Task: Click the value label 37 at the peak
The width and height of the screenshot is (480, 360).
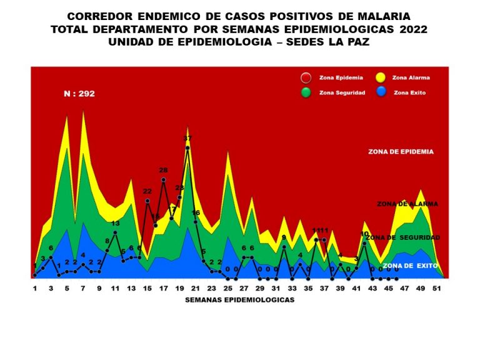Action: (x=187, y=138)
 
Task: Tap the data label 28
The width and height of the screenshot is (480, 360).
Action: (x=163, y=170)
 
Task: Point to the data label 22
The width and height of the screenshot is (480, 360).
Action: (x=147, y=191)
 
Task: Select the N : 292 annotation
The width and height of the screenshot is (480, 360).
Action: (x=79, y=94)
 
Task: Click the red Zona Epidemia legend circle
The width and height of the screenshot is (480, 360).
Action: (x=306, y=78)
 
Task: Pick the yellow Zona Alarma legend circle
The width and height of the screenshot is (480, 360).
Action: (x=379, y=78)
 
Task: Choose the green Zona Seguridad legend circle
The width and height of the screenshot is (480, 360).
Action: (x=306, y=92)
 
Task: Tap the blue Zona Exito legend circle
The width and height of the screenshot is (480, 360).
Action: (x=379, y=92)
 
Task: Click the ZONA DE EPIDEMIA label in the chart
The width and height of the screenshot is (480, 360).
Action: (x=401, y=152)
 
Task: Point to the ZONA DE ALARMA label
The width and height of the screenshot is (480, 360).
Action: (x=407, y=204)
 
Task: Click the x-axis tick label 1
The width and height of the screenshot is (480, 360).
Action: (x=35, y=289)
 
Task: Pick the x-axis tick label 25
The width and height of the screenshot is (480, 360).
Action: (x=228, y=289)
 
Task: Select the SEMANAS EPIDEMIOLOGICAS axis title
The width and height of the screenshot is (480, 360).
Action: (x=240, y=300)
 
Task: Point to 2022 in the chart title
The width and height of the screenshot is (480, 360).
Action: (x=412, y=29)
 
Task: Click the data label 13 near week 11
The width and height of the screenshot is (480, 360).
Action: (x=116, y=223)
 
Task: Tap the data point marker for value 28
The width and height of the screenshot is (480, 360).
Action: (x=163, y=180)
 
